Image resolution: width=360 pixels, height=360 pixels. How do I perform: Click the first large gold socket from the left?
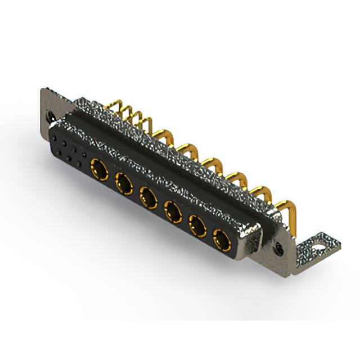(99, 168)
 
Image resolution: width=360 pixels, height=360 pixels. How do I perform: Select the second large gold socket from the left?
(123, 182)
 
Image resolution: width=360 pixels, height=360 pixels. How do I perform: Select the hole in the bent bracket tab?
(320, 245)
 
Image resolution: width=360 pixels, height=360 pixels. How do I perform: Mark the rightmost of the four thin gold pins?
(147, 124)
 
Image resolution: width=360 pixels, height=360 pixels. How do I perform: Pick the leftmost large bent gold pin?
(164, 136)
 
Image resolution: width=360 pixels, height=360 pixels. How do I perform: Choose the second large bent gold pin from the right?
(259, 192)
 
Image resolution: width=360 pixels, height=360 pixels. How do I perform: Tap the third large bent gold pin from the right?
(236, 178)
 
